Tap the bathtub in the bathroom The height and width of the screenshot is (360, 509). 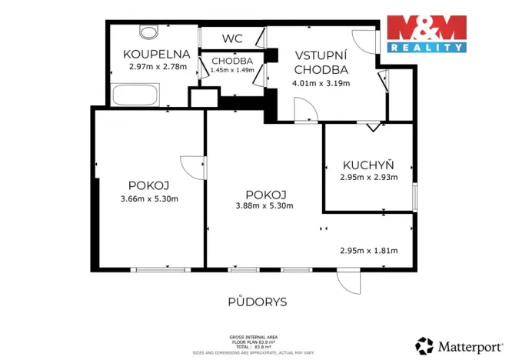135,96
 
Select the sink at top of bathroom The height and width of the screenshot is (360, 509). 148,32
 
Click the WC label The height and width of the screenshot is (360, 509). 232,38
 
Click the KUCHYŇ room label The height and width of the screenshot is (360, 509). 368,165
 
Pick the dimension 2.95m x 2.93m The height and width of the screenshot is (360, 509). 368,177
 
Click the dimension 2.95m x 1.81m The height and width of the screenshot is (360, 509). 368,250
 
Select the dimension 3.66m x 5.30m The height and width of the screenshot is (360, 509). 149,199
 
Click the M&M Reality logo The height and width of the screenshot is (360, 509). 427,33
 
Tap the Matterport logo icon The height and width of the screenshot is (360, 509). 424,345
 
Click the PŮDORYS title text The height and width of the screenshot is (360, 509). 258,302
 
